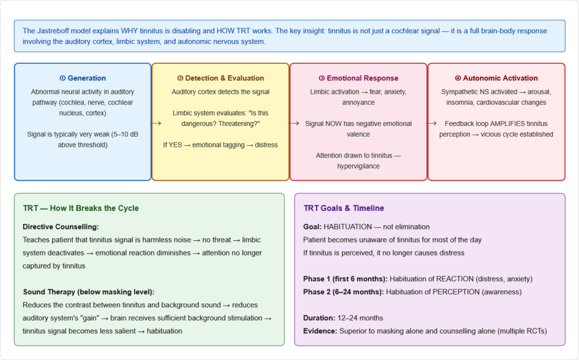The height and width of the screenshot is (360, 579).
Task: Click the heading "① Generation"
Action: tap(83, 78)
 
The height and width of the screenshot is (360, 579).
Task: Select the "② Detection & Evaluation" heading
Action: tap(221, 78)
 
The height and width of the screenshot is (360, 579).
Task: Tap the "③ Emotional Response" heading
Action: tap(358, 78)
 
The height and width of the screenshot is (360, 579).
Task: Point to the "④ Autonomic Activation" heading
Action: tap(496, 78)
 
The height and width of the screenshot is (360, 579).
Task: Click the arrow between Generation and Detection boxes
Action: tap(157, 123)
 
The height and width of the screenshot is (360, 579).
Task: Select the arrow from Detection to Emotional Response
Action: tap(295, 123)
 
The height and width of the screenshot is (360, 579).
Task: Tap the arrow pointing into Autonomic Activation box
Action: tap(432, 123)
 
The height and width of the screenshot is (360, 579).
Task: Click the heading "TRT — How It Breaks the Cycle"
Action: tap(81, 208)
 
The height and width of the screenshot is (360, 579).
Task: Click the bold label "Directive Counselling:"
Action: tap(61, 227)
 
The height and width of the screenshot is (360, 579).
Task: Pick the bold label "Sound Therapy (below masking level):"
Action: tap(89, 292)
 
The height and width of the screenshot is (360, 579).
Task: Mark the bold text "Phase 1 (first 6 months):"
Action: tap(345, 279)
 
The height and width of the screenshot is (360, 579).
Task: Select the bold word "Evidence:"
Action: tap(321, 331)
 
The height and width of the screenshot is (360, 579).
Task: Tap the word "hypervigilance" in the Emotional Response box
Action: tap(358, 166)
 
